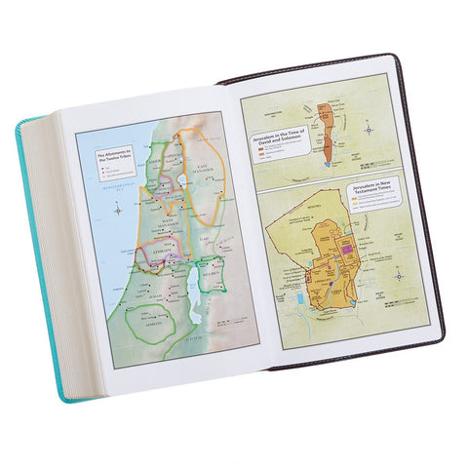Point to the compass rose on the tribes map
(118, 207)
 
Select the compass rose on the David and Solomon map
(368, 127)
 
